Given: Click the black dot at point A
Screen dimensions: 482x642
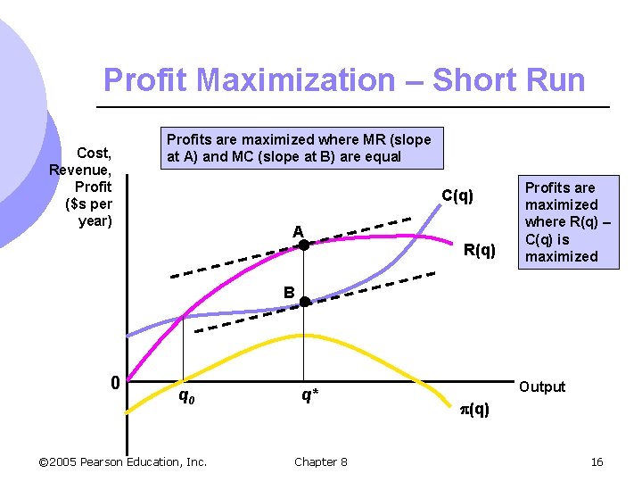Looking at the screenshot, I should pos(303,244).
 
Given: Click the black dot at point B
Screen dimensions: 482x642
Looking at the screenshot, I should pos(304,302).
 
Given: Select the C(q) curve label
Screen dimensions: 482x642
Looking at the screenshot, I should pos(457,196).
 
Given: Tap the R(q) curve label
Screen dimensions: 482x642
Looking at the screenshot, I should pos(479,250).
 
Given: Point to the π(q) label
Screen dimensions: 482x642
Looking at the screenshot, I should pos(473,410).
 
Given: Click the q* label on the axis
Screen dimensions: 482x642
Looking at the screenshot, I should pos(309,394).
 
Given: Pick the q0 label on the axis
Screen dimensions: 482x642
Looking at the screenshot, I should pos(186,394).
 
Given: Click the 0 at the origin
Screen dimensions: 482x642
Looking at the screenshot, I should pos(114,384).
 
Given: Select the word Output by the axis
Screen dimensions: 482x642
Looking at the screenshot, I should pos(542,386).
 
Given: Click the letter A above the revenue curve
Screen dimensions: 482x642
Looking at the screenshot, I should pos(299,231).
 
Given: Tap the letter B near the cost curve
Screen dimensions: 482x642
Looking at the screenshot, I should pos(289,291).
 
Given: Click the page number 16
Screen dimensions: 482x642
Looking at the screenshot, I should pos(597,461).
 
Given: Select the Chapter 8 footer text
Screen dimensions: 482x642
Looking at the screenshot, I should pos(321,461).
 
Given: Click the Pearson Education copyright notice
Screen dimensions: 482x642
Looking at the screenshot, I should pos(123,461).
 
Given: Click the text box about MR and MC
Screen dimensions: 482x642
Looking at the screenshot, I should pos(299,148).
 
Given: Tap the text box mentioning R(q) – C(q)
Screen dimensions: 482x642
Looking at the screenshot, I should pos(561,221).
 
